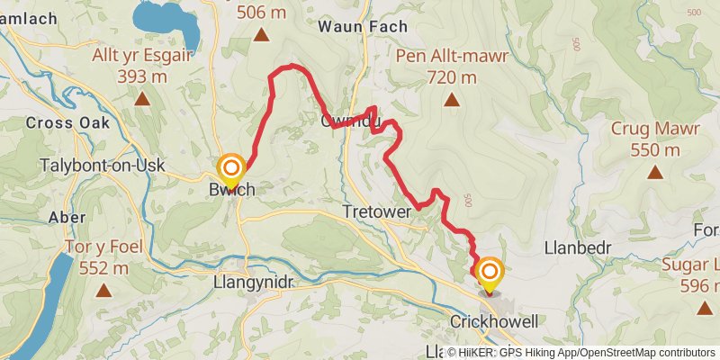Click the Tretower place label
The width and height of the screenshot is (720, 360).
click(377, 210)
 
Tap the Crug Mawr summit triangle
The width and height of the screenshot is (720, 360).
click(654, 172)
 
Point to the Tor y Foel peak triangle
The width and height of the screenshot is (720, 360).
click(104, 291)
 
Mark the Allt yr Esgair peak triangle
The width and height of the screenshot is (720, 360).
click(142, 98)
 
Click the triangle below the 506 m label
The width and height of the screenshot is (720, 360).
click(261, 35)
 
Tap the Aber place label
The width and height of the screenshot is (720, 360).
click(67, 217)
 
